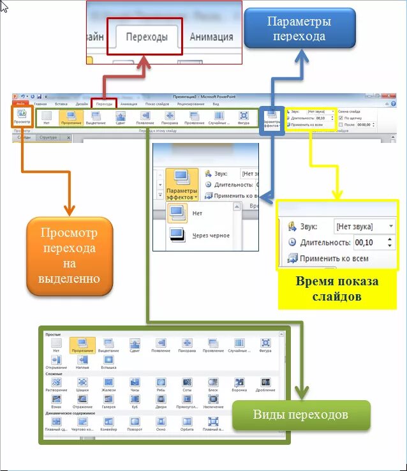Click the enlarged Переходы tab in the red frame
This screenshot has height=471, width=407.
[x=147, y=37]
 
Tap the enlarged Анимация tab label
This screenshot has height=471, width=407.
[x=211, y=37]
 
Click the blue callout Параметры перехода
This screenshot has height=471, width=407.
[x=299, y=29]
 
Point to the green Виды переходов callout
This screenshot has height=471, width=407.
[x=300, y=415]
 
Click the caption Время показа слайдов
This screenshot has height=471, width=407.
[x=336, y=288]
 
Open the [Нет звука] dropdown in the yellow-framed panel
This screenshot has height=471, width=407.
[x=364, y=227]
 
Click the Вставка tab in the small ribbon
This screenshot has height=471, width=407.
[x=61, y=103]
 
